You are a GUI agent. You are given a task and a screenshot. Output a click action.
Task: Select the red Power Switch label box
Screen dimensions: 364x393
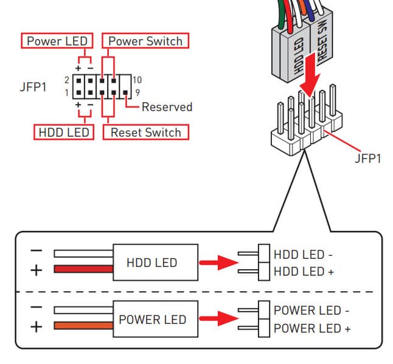(145, 41)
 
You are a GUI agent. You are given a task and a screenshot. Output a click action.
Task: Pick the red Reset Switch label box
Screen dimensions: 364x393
(145, 132)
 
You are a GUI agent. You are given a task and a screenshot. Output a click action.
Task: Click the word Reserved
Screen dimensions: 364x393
(167, 107)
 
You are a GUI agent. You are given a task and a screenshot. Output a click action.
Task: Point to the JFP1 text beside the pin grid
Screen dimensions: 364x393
(33, 87)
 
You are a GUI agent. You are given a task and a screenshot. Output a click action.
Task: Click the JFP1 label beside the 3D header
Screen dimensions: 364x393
(367, 159)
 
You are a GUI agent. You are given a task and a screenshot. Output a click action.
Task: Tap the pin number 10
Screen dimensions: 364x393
(137, 80)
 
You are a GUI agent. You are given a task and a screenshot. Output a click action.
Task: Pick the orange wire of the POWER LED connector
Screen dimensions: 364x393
(83, 327)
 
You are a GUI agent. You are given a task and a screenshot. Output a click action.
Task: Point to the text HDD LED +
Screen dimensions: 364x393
(304, 272)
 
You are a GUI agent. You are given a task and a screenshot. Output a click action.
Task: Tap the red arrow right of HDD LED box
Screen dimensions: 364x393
(219, 263)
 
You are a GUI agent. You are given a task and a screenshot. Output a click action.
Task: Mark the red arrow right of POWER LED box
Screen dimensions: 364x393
(219, 320)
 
